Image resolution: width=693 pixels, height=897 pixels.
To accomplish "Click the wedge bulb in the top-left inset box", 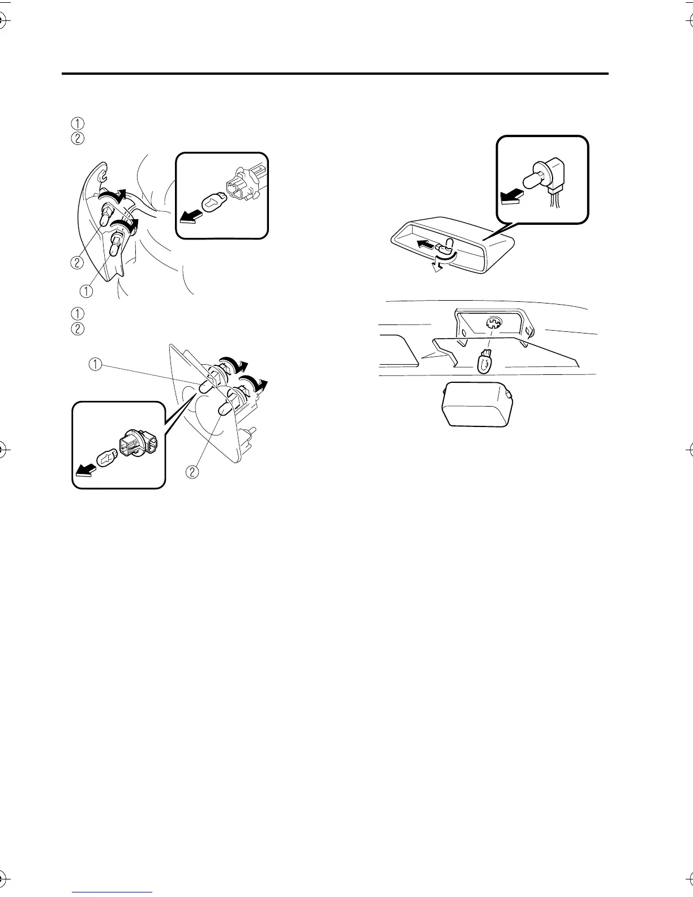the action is (x=213, y=201).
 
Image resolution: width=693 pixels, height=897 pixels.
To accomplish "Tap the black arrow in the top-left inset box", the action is (x=190, y=217).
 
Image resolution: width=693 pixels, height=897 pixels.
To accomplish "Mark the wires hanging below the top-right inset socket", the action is (x=552, y=202).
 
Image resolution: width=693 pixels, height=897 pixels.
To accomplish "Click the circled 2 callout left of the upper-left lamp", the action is (x=78, y=262).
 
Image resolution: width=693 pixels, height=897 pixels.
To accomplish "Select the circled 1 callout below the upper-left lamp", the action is (x=86, y=291).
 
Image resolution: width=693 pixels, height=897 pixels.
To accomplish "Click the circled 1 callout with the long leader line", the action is (x=96, y=365).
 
